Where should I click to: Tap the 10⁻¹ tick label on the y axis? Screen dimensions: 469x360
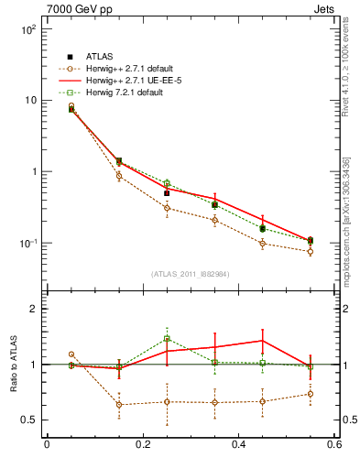(x=27, y=243)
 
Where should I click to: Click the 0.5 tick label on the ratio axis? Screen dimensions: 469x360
(x=28, y=420)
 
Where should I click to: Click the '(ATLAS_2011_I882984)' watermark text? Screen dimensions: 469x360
(x=190, y=274)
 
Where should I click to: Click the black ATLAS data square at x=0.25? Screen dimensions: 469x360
(x=167, y=193)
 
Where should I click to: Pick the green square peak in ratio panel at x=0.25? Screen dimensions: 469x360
(x=167, y=339)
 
